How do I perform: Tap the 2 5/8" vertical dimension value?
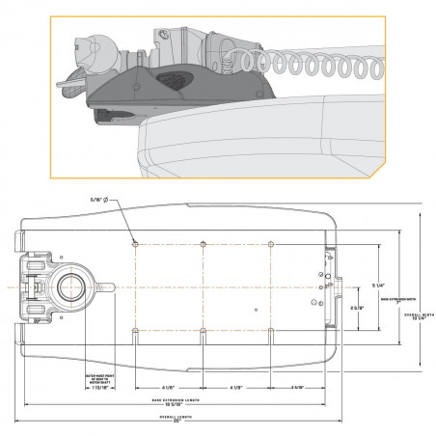click(354, 309)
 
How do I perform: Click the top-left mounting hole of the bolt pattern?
click(135, 241)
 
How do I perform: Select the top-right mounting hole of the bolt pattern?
click(271, 241)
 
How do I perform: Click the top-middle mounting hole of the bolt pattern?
click(203, 241)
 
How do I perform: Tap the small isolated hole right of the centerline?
click(254, 310)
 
